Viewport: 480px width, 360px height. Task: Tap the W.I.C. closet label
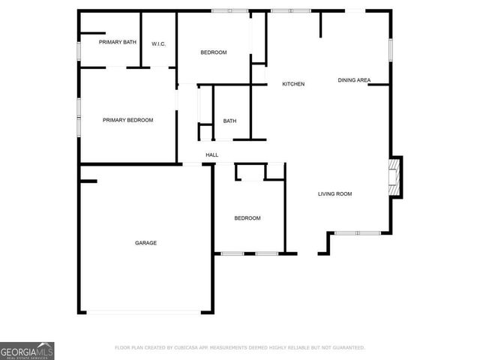pyautogui.click(x=158, y=44)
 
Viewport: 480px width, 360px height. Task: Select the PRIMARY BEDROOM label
pyautogui.click(x=127, y=120)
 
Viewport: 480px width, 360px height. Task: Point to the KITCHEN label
pyautogui.click(x=293, y=84)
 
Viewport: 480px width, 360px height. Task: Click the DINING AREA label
pyautogui.click(x=354, y=80)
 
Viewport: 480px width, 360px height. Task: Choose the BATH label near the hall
pyautogui.click(x=229, y=121)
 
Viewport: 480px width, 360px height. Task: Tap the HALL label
pyautogui.click(x=212, y=155)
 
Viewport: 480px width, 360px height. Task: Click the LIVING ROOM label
pyautogui.click(x=334, y=194)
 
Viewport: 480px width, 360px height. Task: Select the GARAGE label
pyautogui.click(x=145, y=242)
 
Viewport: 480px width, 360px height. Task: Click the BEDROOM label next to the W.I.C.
pyautogui.click(x=213, y=52)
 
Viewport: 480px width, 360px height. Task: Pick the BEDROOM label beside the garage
pyautogui.click(x=247, y=218)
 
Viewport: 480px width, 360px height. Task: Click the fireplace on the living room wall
pyautogui.click(x=394, y=177)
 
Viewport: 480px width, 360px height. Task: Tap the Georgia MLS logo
pyautogui.click(x=27, y=350)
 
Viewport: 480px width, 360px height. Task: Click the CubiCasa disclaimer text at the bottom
pyautogui.click(x=239, y=348)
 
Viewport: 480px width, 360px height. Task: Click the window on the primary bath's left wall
pyautogui.click(x=79, y=50)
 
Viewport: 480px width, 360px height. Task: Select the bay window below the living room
pyautogui.click(x=358, y=233)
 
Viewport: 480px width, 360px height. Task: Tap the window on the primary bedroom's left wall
pyautogui.click(x=79, y=116)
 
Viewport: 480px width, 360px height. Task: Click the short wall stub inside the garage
pyautogui.click(x=88, y=181)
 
